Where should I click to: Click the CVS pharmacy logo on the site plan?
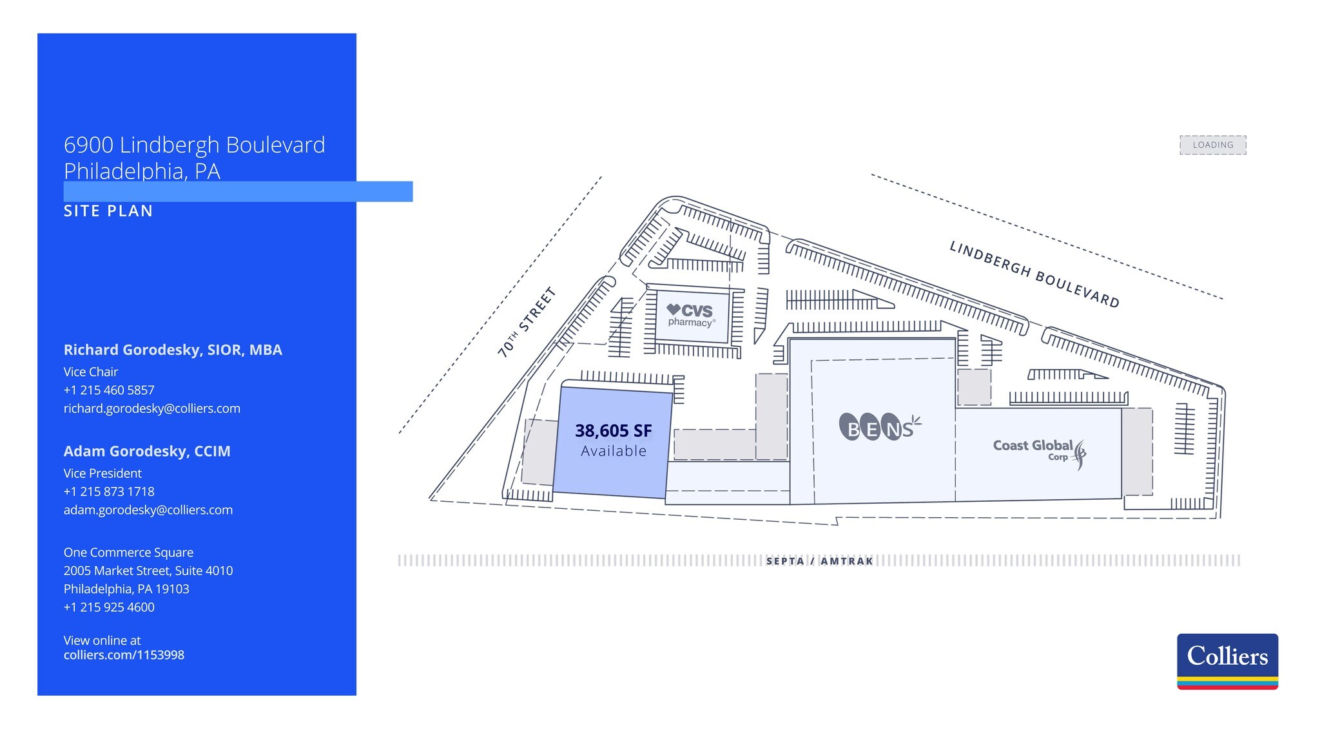690,315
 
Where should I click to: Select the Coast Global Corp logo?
1038,452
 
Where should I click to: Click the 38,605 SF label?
613,431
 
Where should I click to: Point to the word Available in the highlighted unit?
613,452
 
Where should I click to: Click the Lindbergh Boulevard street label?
1034,274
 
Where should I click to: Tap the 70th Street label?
526,322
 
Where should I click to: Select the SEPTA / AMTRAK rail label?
819,561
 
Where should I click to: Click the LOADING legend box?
1212,145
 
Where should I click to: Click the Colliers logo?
1227,661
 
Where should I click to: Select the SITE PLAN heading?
108,211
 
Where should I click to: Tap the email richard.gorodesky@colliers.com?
151,408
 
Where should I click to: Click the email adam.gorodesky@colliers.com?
148,510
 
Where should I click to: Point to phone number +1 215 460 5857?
109,390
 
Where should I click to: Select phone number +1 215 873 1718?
109,492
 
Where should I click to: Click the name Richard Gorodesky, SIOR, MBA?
173,350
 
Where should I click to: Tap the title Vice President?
102,473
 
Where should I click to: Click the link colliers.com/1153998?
124,655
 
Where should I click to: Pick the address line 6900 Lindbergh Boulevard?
194,145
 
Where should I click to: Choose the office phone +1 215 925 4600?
109,607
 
